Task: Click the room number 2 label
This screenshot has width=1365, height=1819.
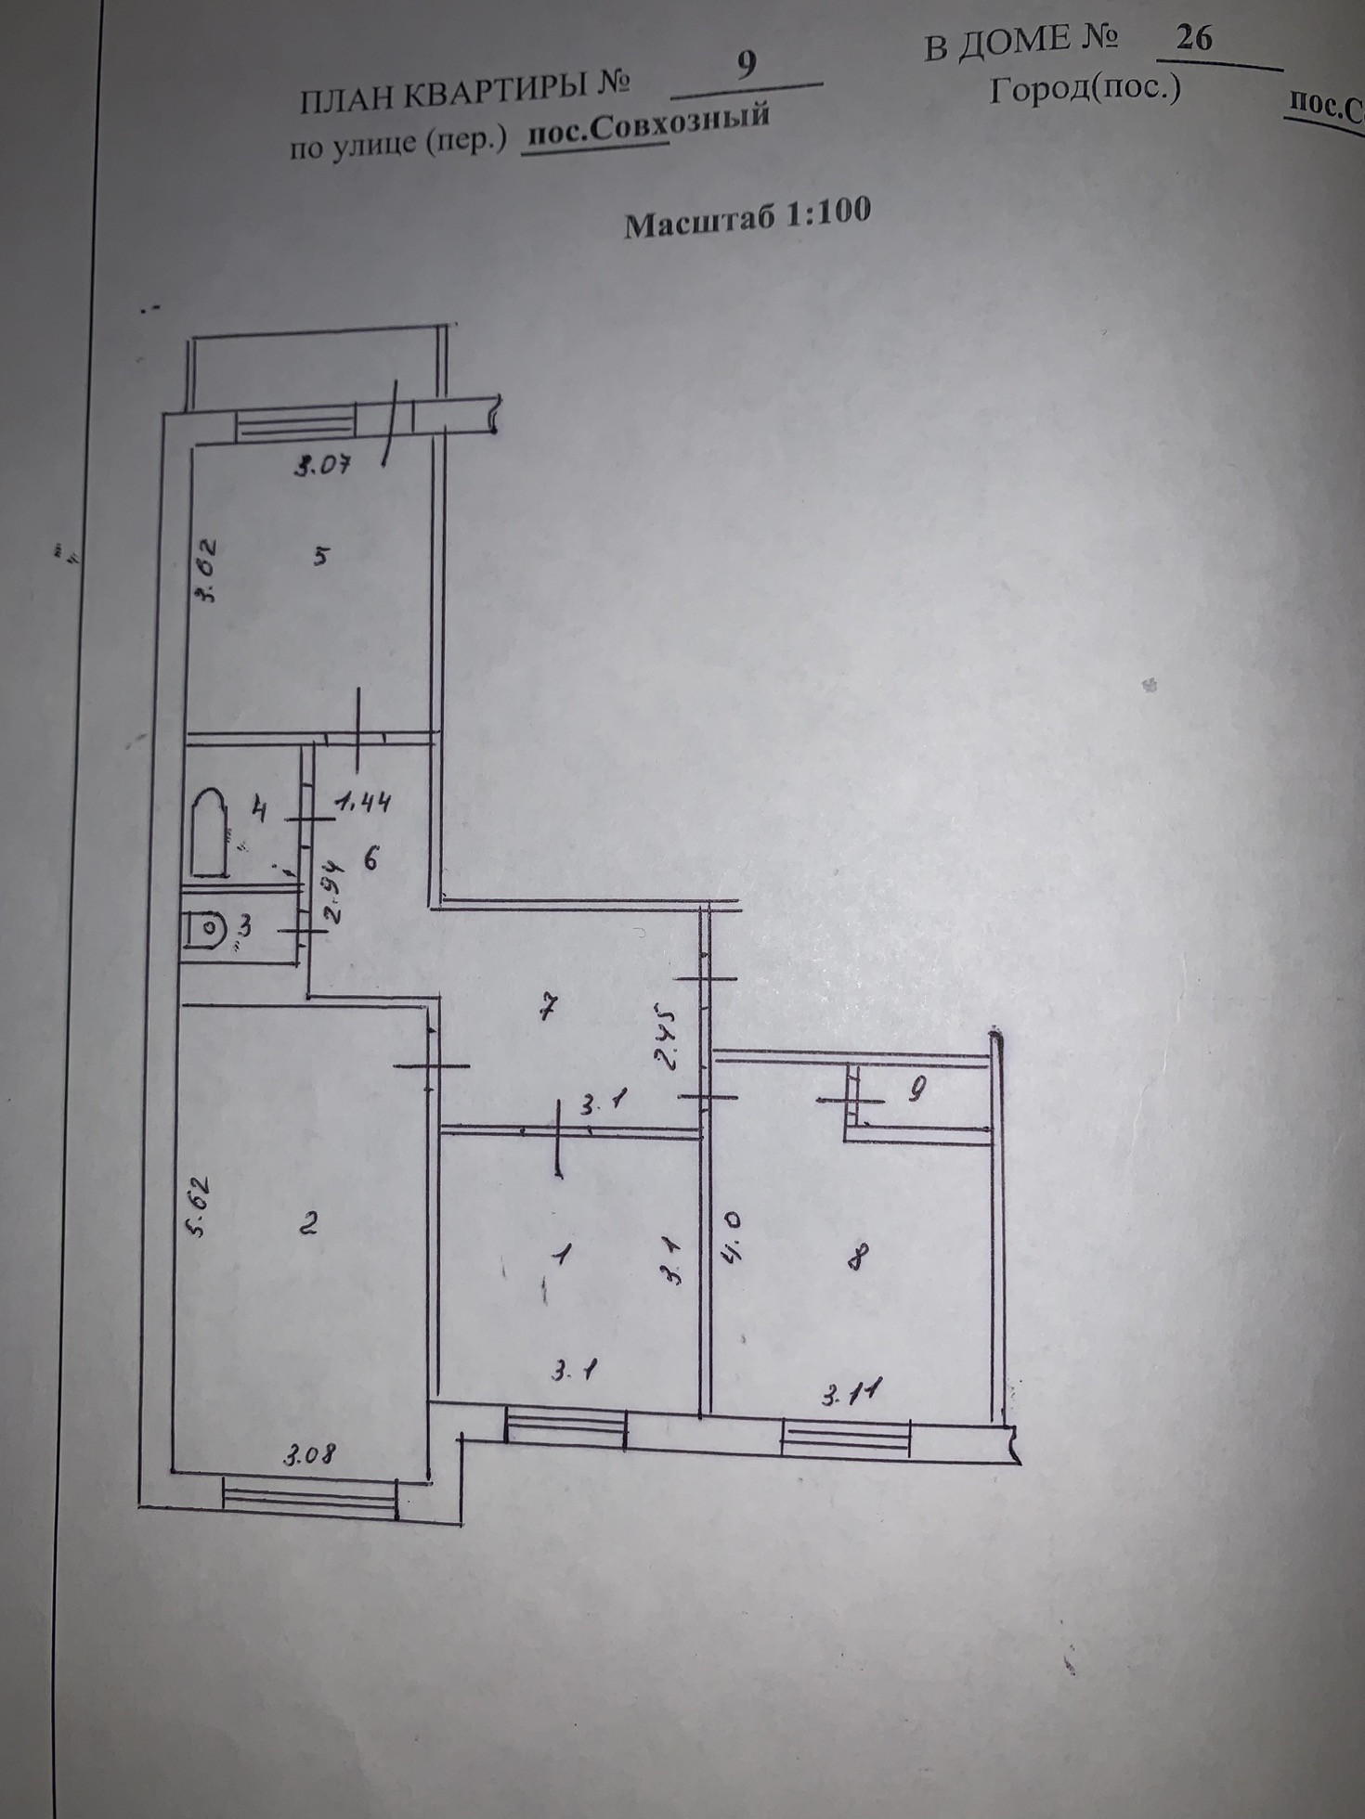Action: point(309,1223)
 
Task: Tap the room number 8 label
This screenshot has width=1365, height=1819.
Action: point(859,1258)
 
